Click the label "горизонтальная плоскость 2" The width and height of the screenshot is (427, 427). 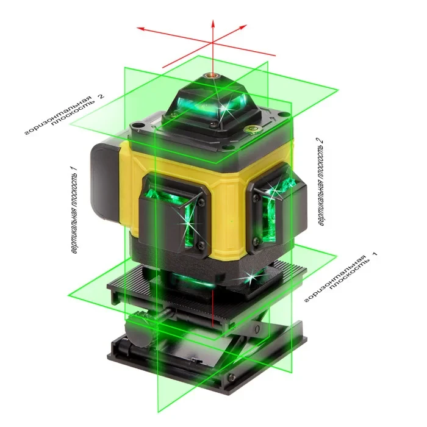pyautogui.click(x=64, y=115)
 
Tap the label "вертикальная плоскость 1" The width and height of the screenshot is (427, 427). pyautogui.click(x=74, y=210)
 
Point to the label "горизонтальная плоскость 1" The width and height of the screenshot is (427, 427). pyautogui.click(x=342, y=278)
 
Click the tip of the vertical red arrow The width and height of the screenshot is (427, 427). pyautogui.click(x=213, y=20)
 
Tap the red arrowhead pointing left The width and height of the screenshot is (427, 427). pyautogui.click(x=140, y=28)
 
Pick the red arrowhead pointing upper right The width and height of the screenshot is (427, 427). pyautogui.click(x=244, y=26)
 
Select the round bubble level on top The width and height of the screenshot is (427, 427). pyautogui.click(x=252, y=129)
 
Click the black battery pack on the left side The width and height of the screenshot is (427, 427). pyautogui.click(x=105, y=180)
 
